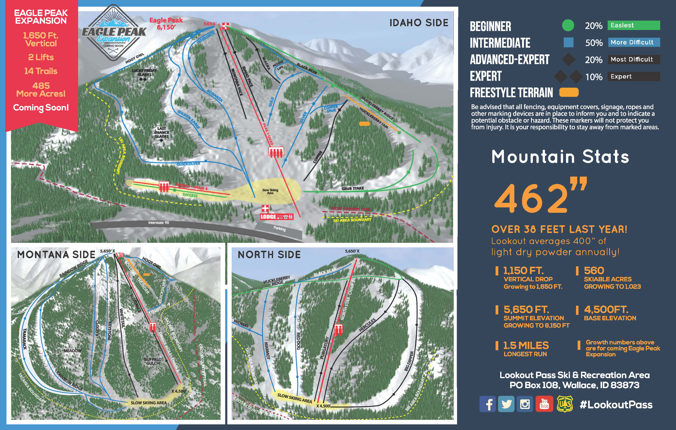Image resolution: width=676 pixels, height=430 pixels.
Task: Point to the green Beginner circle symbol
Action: pos(568,26)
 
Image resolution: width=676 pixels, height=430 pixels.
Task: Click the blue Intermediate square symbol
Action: pos(568,43)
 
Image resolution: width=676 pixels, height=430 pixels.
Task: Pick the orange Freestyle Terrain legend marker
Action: pos(569,92)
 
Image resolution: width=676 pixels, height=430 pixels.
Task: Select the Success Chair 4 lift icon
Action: pos(164,186)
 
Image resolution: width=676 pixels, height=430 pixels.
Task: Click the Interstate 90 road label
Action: pos(159,223)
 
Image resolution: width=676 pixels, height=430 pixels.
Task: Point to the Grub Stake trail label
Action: pos(353,188)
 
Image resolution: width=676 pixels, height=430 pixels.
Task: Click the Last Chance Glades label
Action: pos(161,132)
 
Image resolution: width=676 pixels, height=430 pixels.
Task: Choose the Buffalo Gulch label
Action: pos(153,361)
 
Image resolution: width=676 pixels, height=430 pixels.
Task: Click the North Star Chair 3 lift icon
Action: pos(338,329)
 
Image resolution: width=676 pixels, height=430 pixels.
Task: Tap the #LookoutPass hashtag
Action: pos(616,404)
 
